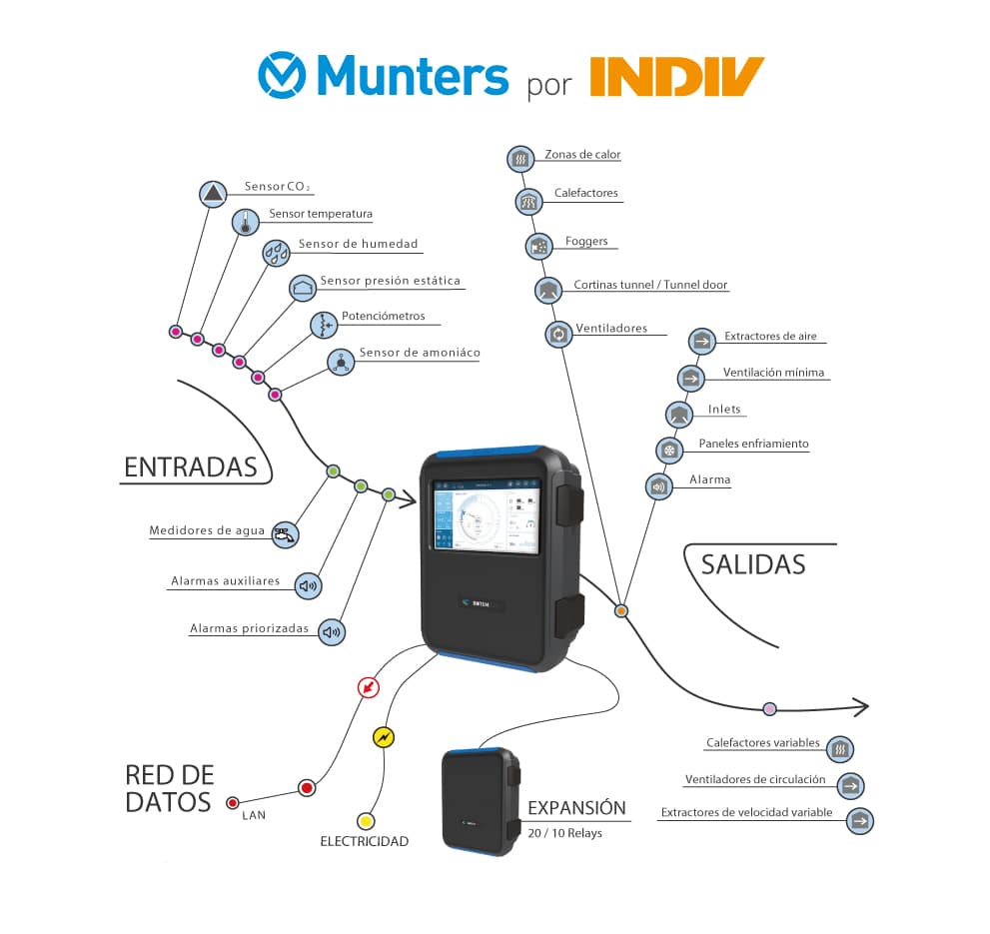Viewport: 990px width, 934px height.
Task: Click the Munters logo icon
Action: click(x=284, y=76)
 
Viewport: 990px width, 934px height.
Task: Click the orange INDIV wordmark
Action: click(x=676, y=77)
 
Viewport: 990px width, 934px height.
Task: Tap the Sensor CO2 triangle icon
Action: click(x=214, y=193)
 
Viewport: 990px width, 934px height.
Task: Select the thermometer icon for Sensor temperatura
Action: click(x=245, y=223)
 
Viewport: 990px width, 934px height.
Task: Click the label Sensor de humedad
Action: click(x=358, y=244)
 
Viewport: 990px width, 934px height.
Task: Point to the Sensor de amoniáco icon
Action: click(x=341, y=363)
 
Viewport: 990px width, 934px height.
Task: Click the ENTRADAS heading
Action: click(x=190, y=467)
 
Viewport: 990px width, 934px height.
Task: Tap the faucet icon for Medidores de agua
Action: click(x=285, y=534)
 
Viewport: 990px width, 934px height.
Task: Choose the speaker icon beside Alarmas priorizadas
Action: click(x=333, y=631)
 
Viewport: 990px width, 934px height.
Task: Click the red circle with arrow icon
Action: click(x=370, y=688)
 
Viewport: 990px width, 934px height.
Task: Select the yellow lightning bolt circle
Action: click(x=384, y=737)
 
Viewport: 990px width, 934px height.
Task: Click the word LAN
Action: click(x=253, y=815)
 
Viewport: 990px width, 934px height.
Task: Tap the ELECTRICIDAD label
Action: click(x=364, y=841)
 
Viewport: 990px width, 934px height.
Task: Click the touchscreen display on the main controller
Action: click(x=483, y=515)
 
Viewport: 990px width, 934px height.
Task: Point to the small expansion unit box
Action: click(x=481, y=798)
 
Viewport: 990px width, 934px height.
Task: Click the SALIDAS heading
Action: click(x=752, y=563)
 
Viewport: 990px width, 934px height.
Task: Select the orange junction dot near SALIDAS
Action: click(x=620, y=609)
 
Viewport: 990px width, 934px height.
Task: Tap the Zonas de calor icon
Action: click(x=518, y=158)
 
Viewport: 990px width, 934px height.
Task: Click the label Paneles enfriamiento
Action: click(x=753, y=444)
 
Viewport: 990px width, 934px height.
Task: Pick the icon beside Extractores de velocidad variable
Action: click(x=859, y=821)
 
